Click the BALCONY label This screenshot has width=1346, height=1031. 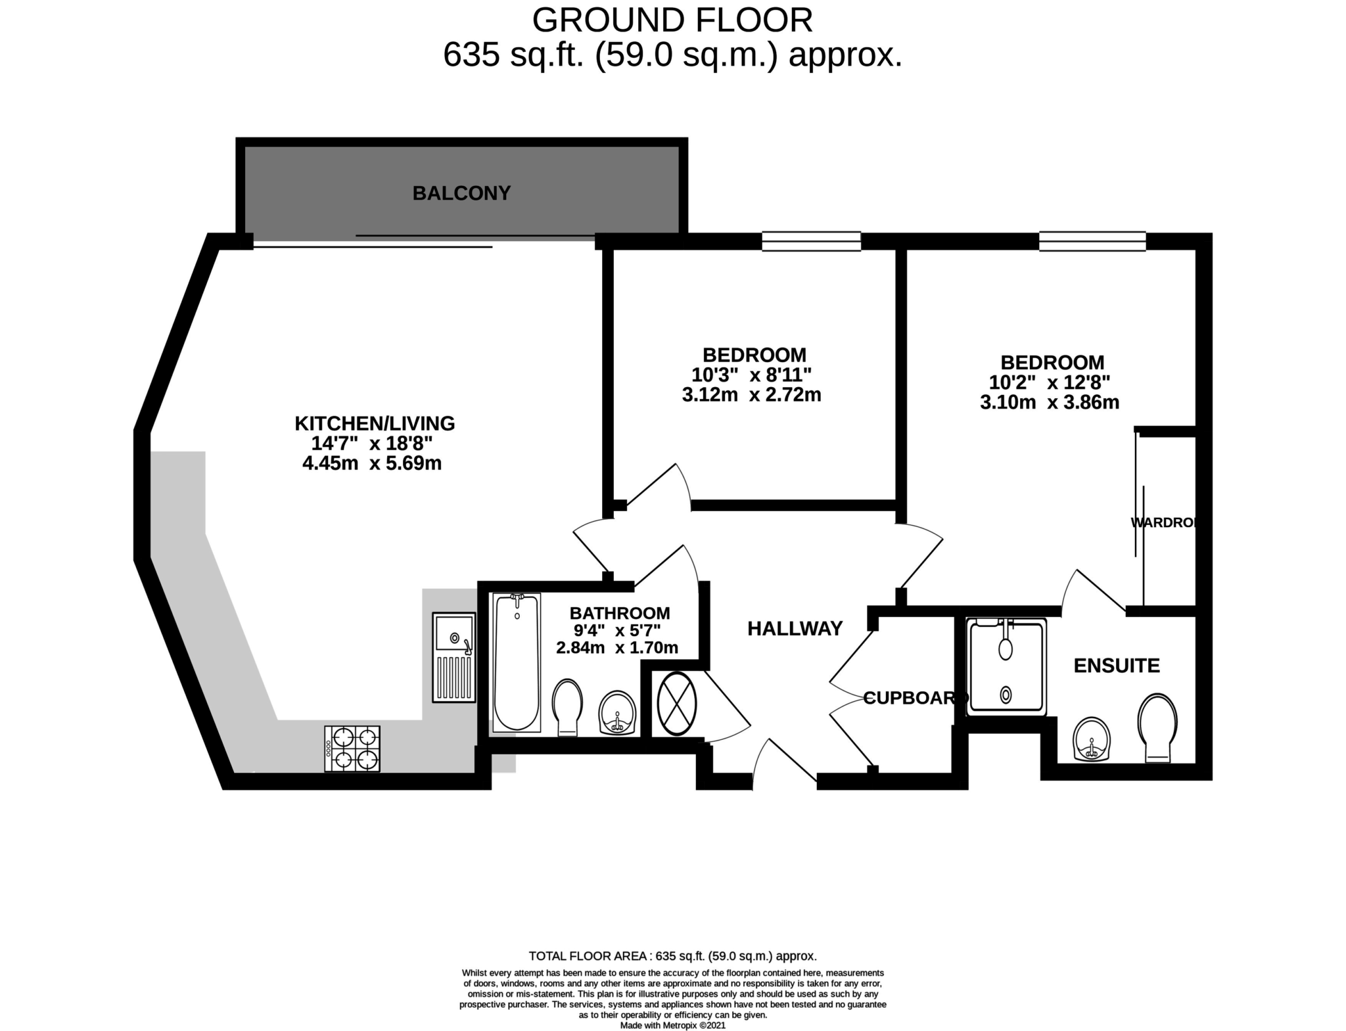(461, 193)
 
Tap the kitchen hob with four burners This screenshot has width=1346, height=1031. (352, 748)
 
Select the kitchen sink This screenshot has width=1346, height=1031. (453, 657)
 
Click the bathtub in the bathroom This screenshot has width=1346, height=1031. (517, 662)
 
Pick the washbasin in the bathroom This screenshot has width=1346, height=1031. (617, 712)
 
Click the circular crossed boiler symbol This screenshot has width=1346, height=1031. (676, 704)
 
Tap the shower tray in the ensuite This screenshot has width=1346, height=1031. (1006, 666)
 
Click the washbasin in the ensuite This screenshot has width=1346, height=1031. (1092, 739)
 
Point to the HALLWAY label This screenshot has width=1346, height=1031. (795, 629)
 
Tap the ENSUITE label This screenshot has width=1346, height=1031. (1117, 666)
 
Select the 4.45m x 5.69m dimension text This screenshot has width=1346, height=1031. (372, 463)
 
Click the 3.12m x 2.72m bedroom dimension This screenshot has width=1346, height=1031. (752, 395)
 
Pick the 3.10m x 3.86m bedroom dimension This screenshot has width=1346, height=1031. (1050, 402)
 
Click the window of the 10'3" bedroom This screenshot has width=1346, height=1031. (812, 241)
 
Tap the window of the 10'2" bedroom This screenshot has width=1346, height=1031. (1092, 241)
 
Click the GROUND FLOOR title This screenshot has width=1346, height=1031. (672, 20)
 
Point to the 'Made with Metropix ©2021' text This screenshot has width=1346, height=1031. (673, 1025)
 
